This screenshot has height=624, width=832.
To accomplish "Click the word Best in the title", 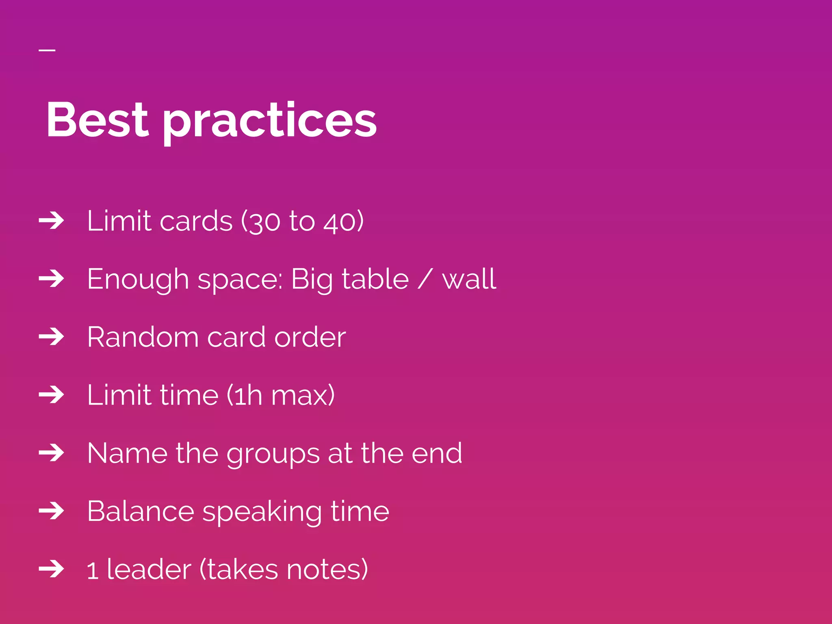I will pos(97,120).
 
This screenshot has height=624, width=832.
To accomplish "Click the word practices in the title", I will pos(270,122).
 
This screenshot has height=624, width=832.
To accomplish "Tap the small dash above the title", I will pos(47,50).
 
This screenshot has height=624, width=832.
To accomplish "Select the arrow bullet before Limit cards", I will pos(52,221).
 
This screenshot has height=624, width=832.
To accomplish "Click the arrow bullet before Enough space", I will pos(52,279).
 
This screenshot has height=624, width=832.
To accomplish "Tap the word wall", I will pos(469,279).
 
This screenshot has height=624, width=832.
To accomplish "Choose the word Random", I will pos(143,337).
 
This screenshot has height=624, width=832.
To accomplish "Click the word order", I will pos(310,337).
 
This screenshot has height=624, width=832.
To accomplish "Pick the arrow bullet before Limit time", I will pos(52,394).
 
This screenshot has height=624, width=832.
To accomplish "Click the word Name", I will pos(127,453).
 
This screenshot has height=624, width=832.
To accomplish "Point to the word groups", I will pos(273,454).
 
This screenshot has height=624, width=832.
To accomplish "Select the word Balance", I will pos(141,511).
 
